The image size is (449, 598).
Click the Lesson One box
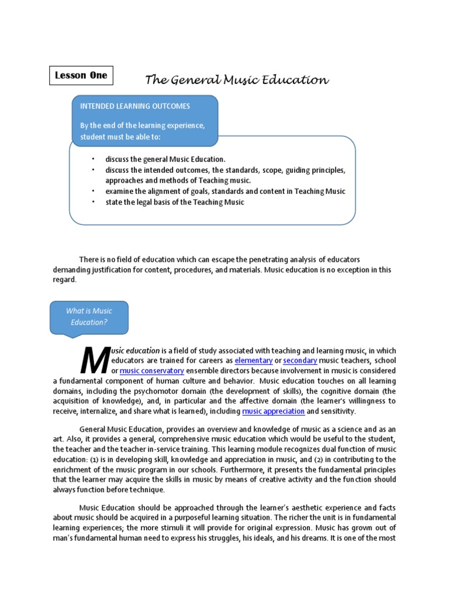(81, 75)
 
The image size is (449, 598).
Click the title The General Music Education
(237, 80)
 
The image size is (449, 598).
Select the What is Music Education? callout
(89, 317)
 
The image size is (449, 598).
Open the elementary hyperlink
(254, 361)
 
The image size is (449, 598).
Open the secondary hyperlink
(300, 361)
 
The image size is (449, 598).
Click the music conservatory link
(151, 371)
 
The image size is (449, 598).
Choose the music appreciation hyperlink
(274, 411)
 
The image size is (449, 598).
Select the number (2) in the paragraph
(319, 460)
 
